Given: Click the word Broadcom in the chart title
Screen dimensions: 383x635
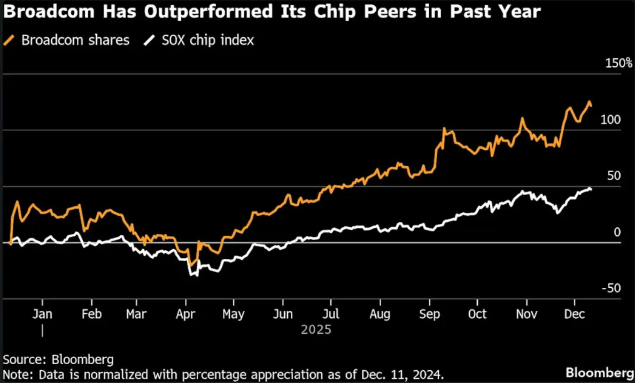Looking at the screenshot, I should pos(49,11).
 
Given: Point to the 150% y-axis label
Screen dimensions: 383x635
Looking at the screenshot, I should pos(618,63).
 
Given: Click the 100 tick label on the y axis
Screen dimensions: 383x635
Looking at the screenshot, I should pos(610,120).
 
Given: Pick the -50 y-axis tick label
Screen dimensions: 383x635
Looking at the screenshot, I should pos(611,288).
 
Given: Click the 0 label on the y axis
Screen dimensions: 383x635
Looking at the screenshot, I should pos(617,232).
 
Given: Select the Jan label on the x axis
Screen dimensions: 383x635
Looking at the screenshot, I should pos(42,314).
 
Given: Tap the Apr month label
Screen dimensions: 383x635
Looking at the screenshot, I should pos(186,314).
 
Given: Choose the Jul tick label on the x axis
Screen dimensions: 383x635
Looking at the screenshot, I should pos(331,314).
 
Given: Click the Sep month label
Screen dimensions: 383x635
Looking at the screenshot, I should pos(429,314).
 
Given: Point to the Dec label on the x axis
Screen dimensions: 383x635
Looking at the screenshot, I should pos(574,314).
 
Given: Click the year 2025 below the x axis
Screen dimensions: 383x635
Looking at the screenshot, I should pos(316,330).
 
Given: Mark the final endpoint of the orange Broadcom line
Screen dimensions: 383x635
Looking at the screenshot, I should pos(591,106).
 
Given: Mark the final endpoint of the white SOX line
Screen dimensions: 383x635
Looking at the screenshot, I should pos(591,190).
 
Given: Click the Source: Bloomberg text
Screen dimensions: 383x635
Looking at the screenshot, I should pos(58,360).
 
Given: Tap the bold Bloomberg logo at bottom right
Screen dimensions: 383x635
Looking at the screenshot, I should pos(599,373).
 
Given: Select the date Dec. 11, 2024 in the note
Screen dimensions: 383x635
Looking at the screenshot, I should pos(402,375).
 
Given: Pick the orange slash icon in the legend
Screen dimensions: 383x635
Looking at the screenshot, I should pos(9,40).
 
